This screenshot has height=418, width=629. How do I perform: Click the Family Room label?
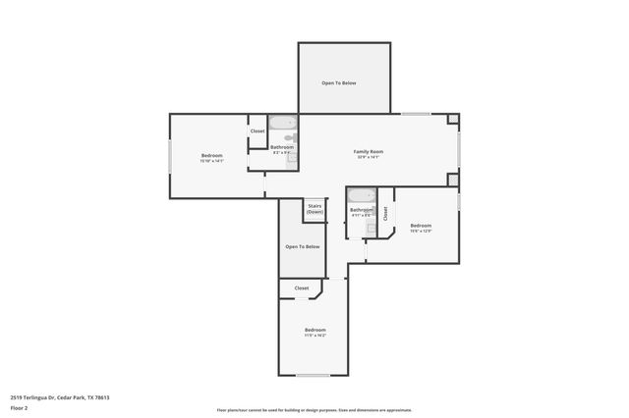pos(369,151)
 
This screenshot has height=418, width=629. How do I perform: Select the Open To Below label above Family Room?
pos(339,82)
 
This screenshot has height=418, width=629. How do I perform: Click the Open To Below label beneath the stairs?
pos(303,246)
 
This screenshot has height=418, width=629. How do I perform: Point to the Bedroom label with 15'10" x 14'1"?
pos(212,155)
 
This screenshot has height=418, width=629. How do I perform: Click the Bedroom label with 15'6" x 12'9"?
pos(421,225)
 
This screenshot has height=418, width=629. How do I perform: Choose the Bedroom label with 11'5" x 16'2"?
pos(314,329)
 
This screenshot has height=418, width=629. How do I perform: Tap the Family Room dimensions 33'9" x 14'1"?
pos(369,157)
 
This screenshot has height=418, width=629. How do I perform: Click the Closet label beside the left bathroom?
pos(257,131)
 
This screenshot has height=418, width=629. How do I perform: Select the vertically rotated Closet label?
pos(386,212)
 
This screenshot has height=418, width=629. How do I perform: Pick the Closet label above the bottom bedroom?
pos(302,287)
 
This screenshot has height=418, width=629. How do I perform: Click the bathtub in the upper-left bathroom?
pos(283,124)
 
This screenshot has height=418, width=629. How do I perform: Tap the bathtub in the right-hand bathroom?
pos(362,194)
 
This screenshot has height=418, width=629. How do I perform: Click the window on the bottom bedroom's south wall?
pos(314,376)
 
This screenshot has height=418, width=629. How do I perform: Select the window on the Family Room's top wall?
pos(416,114)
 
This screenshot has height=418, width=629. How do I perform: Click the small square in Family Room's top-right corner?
pos(452,120)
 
